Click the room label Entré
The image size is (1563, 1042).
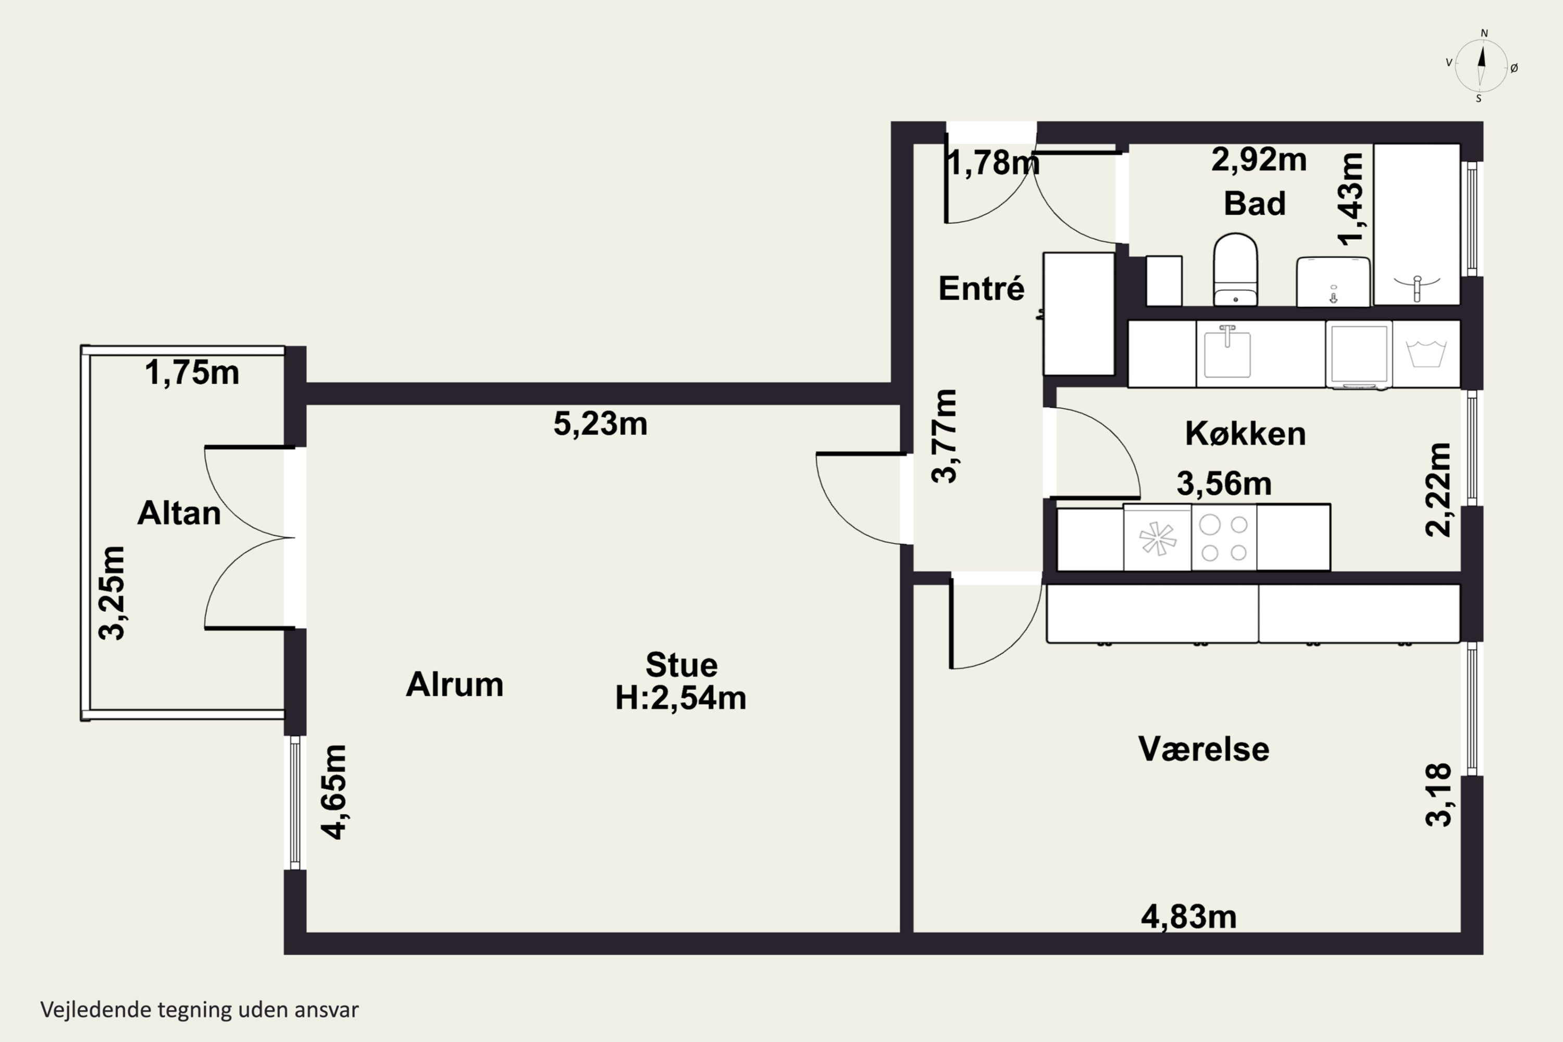(x=982, y=289)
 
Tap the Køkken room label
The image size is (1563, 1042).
(x=1245, y=433)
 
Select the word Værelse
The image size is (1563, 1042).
(x=1204, y=749)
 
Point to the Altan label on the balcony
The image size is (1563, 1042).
(x=179, y=513)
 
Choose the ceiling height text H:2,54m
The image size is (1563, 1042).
(x=680, y=698)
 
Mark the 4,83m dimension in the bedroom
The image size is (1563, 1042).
(x=1189, y=917)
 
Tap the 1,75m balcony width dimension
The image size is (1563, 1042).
(x=192, y=373)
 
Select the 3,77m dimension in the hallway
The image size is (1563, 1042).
(x=944, y=436)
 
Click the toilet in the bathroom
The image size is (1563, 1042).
(x=1235, y=269)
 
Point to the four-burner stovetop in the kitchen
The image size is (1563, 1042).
(x=1224, y=538)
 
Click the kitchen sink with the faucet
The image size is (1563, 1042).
(x=1227, y=352)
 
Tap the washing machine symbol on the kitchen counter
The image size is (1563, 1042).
(x=1426, y=354)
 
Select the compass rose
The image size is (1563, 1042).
(x=1481, y=66)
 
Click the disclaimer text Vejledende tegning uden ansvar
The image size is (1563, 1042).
(x=200, y=1010)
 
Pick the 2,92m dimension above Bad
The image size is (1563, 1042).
(x=1259, y=159)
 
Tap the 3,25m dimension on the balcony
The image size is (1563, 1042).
(x=111, y=593)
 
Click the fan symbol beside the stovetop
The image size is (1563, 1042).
(x=1157, y=538)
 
